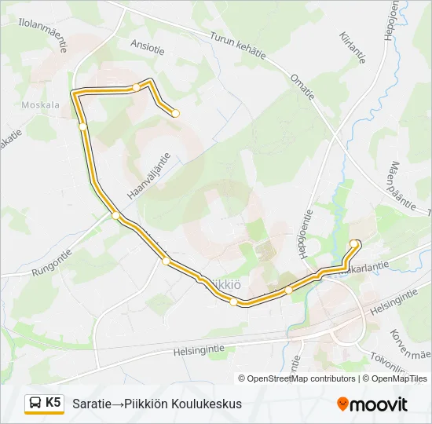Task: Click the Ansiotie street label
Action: [x=149, y=49]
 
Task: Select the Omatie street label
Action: [x=302, y=88]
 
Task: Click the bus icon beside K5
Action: [x=35, y=404]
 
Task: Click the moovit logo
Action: [x=372, y=404]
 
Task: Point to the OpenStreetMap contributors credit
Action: [x=302, y=378]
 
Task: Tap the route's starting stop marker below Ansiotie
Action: [x=175, y=113]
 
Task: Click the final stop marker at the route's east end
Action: [x=354, y=244]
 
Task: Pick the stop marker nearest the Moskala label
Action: [x=82, y=126]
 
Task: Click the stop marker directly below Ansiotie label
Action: [x=136, y=87]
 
